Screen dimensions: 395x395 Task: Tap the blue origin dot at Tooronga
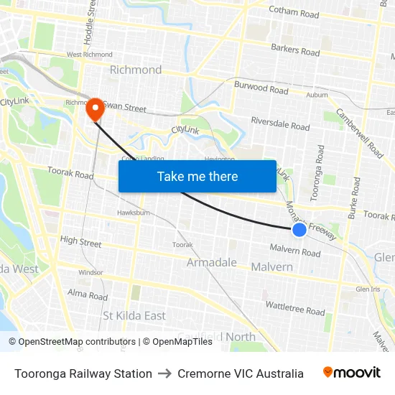(299, 230)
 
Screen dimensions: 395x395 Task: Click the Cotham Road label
(293, 13)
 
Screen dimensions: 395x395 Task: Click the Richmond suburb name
(135, 70)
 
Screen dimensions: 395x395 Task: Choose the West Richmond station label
(89, 55)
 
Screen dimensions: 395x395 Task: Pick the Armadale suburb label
(212, 263)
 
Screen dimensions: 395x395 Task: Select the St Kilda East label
(134, 316)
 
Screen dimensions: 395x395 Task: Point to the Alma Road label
(87, 294)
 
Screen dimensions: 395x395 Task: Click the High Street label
(80, 242)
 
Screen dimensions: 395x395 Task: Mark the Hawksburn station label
(133, 213)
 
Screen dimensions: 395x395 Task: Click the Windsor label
(90, 272)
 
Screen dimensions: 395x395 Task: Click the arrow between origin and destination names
(165, 373)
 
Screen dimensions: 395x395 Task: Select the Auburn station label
(317, 95)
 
